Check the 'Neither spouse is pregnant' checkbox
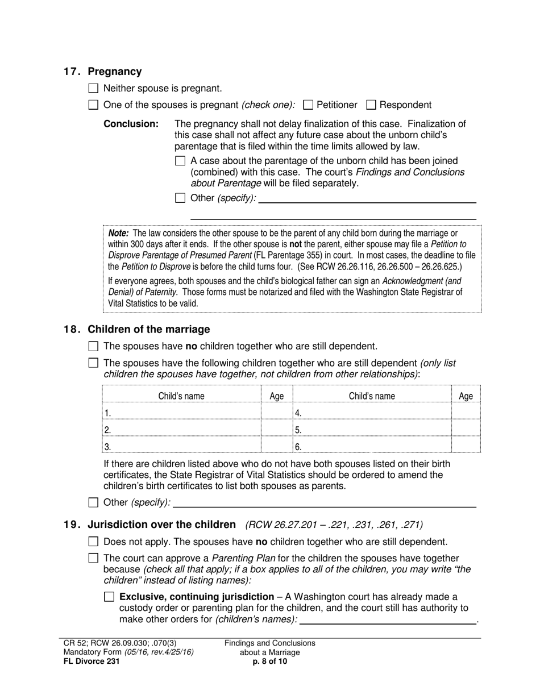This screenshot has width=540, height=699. click(x=94, y=88)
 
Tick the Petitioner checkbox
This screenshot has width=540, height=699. click(x=309, y=105)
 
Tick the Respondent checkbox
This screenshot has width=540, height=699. click(x=371, y=105)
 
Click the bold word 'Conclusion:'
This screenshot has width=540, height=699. click(x=131, y=124)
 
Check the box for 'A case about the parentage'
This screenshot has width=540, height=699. click(x=180, y=161)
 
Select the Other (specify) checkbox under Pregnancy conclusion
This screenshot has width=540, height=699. click(x=180, y=198)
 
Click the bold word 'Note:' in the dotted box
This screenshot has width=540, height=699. click(x=119, y=233)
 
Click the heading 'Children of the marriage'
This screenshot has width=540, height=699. click(x=148, y=330)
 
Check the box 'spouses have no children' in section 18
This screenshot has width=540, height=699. click(x=94, y=346)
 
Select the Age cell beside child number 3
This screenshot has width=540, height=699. click(x=276, y=446)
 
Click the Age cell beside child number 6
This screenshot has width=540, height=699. click(x=466, y=446)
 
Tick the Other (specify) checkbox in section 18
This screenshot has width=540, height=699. click(x=94, y=502)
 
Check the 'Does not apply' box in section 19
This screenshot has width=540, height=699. click(x=94, y=542)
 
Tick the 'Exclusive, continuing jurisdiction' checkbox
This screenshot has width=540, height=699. click(x=110, y=597)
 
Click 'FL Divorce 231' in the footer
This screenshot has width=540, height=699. click(x=92, y=661)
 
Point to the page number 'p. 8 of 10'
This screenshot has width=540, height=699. click(x=269, y=661)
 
